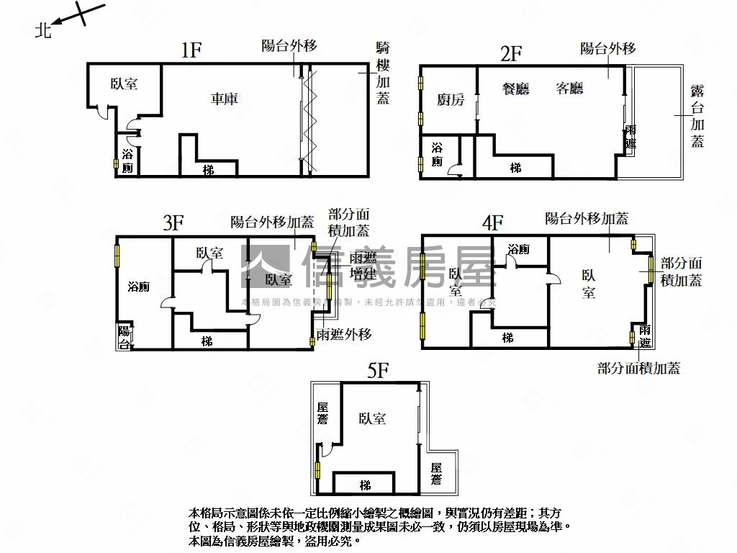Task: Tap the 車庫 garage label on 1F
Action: [x=224, y=99]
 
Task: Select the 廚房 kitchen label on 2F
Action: [x=449, y=99]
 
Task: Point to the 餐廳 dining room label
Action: [x=515, y=89]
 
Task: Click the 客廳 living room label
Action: [x=569, y=89]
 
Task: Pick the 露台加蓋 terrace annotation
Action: [x=697, y=115]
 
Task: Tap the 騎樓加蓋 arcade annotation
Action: [x=384, y=73]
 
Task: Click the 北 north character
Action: [x=44, y=30]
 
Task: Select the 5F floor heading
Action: [x=378, y=371]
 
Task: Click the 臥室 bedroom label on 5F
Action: [x=371, y=418]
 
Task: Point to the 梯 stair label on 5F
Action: [x=365, y=485]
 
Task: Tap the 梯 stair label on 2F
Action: [x=515, y=168]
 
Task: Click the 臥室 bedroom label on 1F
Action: [x=124, y=84]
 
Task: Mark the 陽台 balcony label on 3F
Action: [x=125, y=336]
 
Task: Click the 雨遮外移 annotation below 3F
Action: [x=344, y=334]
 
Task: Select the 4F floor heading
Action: [x=492, y=222]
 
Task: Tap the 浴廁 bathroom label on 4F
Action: [x=518, y=249]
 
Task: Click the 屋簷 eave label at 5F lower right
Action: [x=436, y=474]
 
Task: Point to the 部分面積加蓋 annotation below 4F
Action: [x=638, y=369]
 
